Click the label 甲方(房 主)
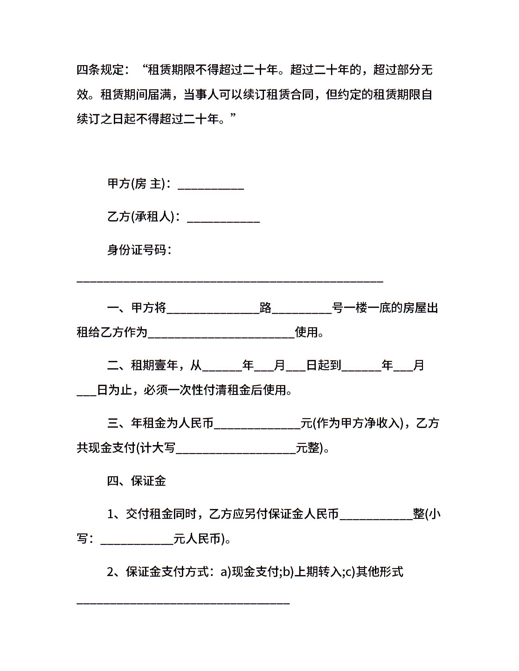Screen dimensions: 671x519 [x=136, y=184]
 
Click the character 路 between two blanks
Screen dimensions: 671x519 [x=266, y=308]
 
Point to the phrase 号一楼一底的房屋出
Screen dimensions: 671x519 [x=385, y=308]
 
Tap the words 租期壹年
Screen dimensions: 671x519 [x=154, y=365]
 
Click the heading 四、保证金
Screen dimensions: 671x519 [x=136, y=481]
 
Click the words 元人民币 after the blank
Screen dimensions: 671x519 [x=200, y=539]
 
